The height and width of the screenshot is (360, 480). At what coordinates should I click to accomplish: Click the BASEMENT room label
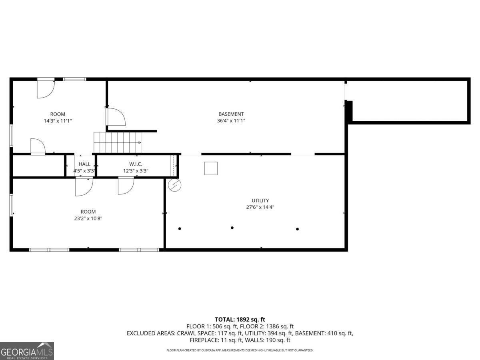(x=231, y=114)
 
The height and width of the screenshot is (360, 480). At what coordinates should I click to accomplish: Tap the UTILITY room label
(x=260, y=200)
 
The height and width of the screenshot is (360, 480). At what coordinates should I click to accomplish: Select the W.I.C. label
(x=136, y=164)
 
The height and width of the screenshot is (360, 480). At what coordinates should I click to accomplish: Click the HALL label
(x=84, y=164)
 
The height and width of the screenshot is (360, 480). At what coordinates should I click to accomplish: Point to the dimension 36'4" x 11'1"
(x=231, y=121)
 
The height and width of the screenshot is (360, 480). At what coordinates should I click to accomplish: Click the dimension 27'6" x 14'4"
(x=260, y=207)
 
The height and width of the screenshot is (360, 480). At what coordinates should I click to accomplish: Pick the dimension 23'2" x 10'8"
(x=88, y=218)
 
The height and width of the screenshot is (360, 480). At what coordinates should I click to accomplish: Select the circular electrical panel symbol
(x=175, y=185)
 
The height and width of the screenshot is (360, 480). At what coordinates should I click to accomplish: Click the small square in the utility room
(x=211, y=168)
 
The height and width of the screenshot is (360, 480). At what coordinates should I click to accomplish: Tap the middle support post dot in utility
(x=232, y=228)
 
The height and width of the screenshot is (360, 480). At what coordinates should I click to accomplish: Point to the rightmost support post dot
(x=297, y=229)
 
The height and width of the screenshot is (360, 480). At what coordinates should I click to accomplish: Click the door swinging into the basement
(x=116, y=117)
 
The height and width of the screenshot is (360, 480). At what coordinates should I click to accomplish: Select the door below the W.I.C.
(x=126, y=186)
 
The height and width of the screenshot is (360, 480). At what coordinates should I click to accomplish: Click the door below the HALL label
(x=84, y=187)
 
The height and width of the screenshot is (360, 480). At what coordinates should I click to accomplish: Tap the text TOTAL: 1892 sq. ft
(x=240, y=319)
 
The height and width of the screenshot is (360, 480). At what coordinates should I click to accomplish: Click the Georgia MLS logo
(x=27, y=351)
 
